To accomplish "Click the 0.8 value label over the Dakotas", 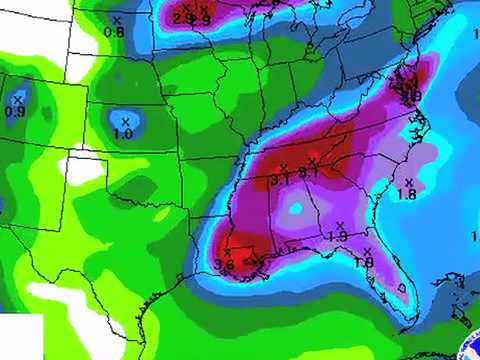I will tap(114, 33).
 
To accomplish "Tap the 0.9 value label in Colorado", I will tap(15, 111).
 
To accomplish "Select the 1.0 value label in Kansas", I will tap(124, 133).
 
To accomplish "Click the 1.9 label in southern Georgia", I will tap(337, 236).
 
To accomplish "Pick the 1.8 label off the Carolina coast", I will tap(407, 194).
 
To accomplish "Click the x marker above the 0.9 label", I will tap(18, 99).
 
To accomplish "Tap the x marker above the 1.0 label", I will tap(125, 121).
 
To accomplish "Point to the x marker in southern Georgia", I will tap(340, 224).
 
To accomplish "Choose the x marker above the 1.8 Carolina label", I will tap(408, 181).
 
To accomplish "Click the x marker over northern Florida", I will tap(367, 250).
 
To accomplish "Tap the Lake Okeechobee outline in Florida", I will tap(403, 287).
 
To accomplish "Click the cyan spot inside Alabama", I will tap(295, 208).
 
